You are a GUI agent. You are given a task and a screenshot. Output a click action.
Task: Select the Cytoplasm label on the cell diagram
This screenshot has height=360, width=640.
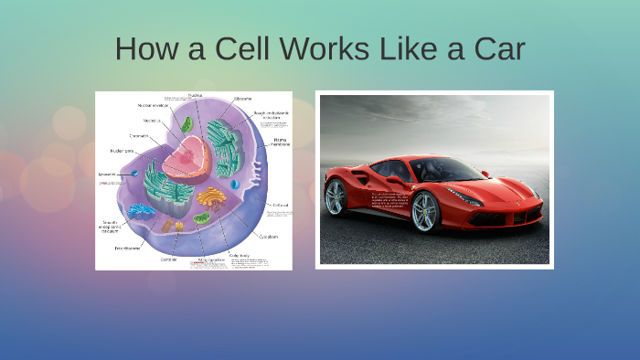click(x=268, y=236)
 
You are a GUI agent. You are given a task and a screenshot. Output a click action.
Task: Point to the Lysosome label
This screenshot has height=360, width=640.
click(x=107, y=174)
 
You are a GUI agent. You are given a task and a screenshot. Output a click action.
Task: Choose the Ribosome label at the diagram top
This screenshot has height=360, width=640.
click(x=243, y=99)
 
